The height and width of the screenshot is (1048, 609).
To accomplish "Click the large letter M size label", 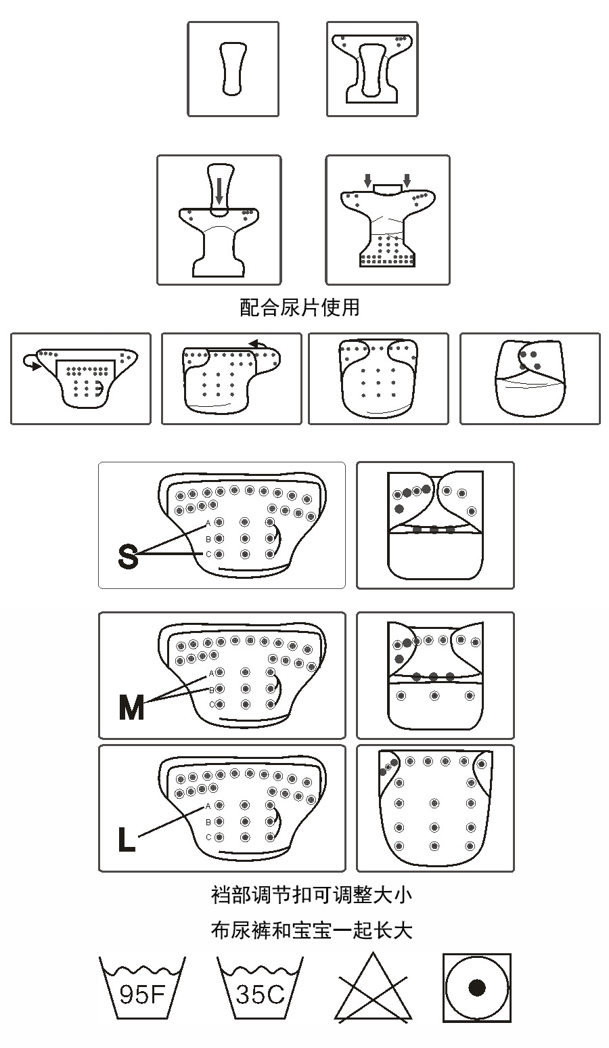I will point(131,707).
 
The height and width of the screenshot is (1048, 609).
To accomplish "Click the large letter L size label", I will point(127,839).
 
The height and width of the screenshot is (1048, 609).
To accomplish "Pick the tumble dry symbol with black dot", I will point(477,988).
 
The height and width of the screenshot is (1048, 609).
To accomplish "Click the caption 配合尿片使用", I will point(300,307).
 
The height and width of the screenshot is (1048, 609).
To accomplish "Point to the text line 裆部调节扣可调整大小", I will point(311,895).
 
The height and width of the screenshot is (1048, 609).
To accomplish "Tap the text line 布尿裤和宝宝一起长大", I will point(311,930).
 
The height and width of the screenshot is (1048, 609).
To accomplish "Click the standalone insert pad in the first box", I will point(232,68).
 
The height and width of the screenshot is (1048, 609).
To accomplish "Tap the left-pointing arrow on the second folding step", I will point(256,345).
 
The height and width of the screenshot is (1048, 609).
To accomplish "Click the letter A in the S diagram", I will point(208,523).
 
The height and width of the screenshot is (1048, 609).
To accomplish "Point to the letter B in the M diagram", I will point(210,689).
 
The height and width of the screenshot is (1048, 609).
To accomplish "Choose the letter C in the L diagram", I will point(208,837).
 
